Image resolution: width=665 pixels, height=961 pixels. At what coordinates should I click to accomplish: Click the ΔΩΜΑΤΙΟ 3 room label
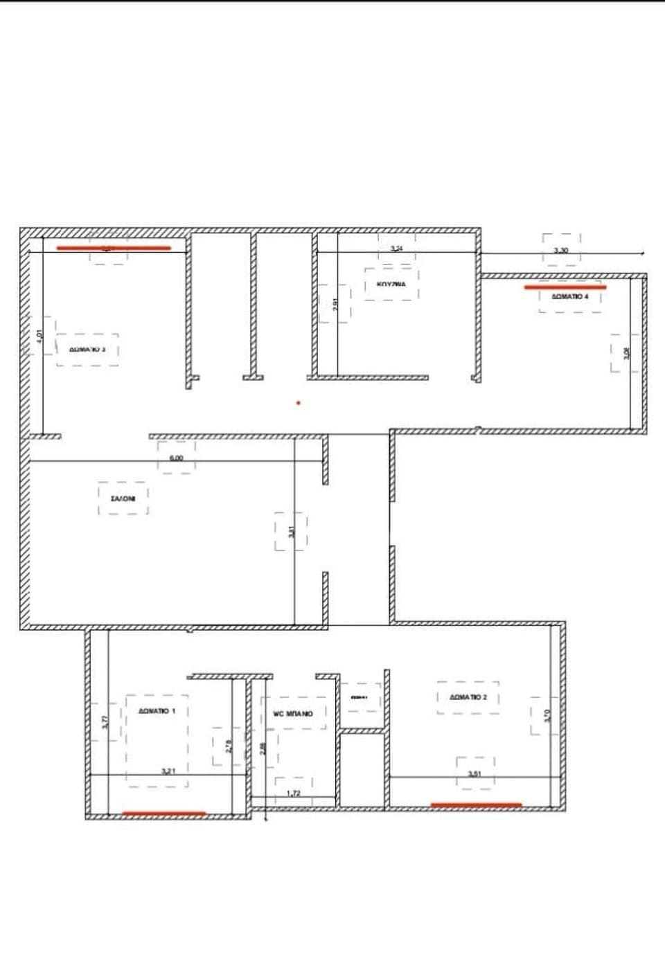coord(87,350)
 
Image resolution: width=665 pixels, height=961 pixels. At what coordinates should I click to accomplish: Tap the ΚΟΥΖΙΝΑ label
coord(391,284)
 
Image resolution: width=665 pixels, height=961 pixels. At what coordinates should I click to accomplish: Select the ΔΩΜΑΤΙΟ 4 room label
coord(570,296)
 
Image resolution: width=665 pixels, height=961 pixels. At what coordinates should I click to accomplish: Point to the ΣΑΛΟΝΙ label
coord(123,498)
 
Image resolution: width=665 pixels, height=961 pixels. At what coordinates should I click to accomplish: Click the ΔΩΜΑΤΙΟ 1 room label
coord(157,711)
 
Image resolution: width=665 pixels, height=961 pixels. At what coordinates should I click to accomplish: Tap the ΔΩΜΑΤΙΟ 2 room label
coord(468,697)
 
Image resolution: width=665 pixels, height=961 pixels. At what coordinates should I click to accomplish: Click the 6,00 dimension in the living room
coord(176,458)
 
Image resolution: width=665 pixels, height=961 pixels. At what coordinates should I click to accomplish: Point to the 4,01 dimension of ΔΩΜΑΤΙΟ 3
coord(39,336)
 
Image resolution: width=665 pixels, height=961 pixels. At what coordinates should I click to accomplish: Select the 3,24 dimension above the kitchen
coord(396,248)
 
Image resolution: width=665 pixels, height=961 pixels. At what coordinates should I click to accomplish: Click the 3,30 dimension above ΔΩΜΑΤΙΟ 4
coord(561,250)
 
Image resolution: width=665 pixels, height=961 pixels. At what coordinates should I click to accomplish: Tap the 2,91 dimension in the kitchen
coord(335,304)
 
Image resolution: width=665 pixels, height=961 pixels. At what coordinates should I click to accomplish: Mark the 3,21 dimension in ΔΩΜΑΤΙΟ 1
coord(168,771)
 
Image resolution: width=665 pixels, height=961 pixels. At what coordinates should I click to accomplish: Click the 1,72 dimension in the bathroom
coord(294,793)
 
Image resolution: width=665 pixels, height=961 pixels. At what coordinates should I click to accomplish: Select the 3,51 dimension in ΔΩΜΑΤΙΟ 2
coord(475,774)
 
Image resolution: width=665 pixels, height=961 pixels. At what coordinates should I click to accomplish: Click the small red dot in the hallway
coord(299,402)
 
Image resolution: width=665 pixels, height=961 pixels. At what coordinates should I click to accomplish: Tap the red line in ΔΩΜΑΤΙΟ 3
coord(114,248)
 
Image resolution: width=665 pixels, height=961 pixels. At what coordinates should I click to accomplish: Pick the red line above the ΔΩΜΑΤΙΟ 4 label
coord(565,287)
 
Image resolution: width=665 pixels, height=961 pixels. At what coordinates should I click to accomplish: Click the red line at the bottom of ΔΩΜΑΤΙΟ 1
coord(163,814)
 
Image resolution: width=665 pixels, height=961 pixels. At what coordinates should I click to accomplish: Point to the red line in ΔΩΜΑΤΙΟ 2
coord(476,805)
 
